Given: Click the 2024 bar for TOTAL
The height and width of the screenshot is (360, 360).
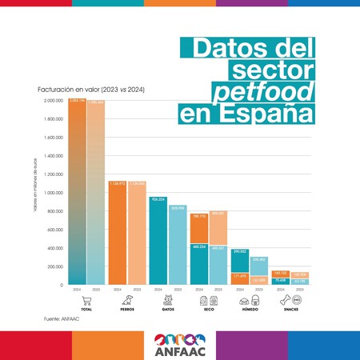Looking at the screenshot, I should (77, 192).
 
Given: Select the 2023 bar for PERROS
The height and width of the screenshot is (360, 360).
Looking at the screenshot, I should (137, 232).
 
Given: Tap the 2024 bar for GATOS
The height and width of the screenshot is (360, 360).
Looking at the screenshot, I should (158, 240).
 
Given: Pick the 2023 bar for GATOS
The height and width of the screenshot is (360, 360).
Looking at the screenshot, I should (178, 244).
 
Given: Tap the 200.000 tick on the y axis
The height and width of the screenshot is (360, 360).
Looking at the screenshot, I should (54, 266).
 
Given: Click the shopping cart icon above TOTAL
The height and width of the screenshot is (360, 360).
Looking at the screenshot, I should (86, 301).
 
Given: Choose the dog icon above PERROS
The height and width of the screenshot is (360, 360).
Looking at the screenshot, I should (127, 301).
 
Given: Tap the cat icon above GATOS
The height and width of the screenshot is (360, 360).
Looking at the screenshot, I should (168, 301).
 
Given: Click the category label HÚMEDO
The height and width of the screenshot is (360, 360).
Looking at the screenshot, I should (250, 310).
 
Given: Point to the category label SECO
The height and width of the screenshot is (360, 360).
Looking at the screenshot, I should (209, 310).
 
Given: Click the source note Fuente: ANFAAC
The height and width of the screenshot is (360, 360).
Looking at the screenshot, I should (61, 319).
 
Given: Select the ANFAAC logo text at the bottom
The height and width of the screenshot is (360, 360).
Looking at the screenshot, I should (180, 350).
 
